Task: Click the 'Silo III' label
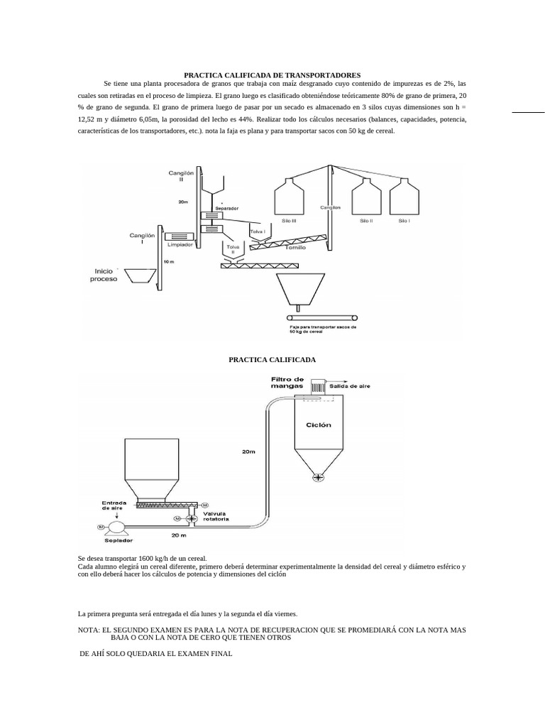[290, 222]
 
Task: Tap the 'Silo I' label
[404, 222]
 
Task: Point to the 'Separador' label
[227, 208]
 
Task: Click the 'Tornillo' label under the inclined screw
[296, 248]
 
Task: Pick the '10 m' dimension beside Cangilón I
[168, 262]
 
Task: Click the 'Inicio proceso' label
[104, 275]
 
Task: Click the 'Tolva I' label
[256, 230]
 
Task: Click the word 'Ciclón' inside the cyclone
[318, 425]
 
